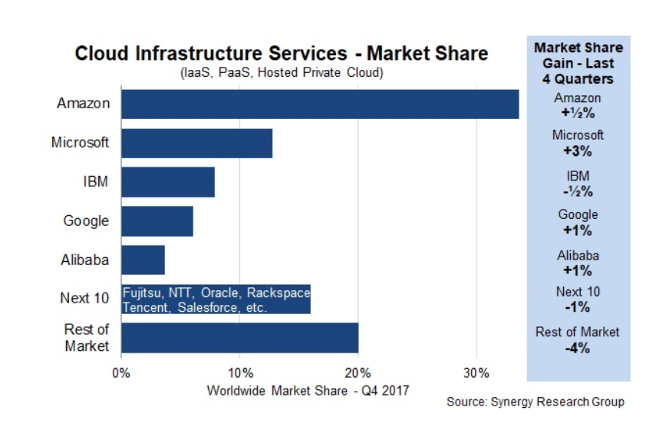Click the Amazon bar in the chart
(x=319, y=104)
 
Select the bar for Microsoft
(x=196, y=143)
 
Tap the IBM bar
(x=167, y=182)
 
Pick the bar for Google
(x=157, y=221)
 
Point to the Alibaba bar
(x=143, y=260)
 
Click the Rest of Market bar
(x=239, y=338)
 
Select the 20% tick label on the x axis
(x=358, y=373)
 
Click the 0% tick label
(x=121, y=373)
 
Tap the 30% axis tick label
(x=476, y=373)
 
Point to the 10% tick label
(x=239, y=373)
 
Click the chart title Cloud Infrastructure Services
(x=281, y=54)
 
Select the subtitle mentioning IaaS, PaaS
(x=281, y=73)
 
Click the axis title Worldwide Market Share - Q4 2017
(x=308, y=390)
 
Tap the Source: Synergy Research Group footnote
(x=536, y=402)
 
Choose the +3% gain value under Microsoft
(x=578, y=151)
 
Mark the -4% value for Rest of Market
(x=578, y=347)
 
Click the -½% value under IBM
(x=578, y=191)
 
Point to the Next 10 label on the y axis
(x=84, y=298)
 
